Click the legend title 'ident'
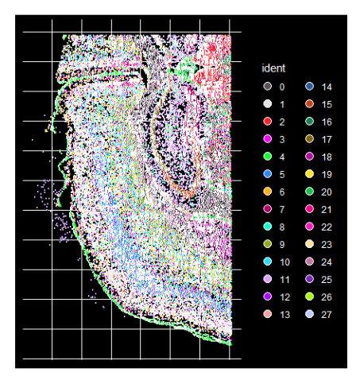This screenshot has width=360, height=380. coord(273,68)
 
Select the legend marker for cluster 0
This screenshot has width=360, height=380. coord(268,86)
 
